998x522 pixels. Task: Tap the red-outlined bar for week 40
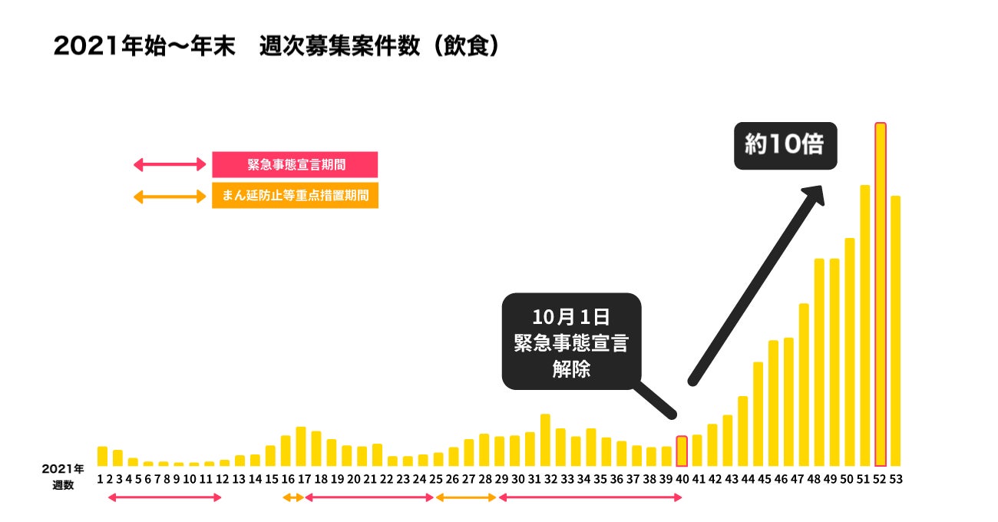(682, 451)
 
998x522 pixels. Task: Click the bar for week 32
(545, 440)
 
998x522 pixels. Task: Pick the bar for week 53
(895, 331)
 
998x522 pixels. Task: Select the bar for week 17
(301, 446)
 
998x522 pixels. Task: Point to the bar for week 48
(819, 362)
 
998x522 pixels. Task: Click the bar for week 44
(742, 431)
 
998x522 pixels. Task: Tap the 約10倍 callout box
(785, 145)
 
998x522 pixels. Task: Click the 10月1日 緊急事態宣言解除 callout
(571, 342)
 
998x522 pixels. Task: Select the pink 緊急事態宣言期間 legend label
(295, 164)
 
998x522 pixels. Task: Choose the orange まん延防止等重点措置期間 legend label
(295, 196)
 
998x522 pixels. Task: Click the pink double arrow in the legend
(170, 164)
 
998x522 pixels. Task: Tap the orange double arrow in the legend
(170, 197)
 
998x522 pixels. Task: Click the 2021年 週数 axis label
(63, 476)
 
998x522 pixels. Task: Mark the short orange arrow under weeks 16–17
(292, 497)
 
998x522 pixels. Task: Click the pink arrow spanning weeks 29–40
(590, 497)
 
